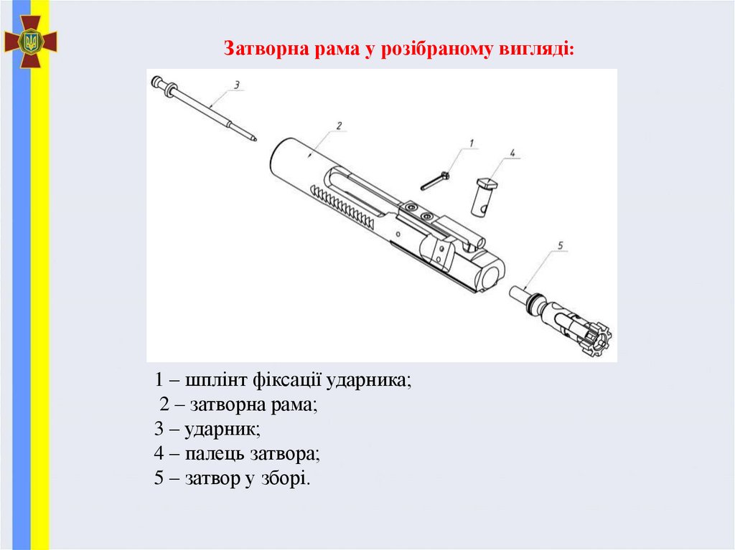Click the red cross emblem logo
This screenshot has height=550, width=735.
(x=30, y=41)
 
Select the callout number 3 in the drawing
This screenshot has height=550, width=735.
(x=237, y=85)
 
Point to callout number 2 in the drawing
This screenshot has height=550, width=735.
(x=339, y=125)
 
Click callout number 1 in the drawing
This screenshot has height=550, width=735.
(x=471, y=143)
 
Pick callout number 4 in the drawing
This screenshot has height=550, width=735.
(x=512, y=153)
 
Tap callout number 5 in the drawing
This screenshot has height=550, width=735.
(x=561, y=245)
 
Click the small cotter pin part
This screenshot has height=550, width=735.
(x=435, y=181)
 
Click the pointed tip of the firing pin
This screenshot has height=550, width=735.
(x=255, y=138)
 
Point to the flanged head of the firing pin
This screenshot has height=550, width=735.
(x=164, y=87)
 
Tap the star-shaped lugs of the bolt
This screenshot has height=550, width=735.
(x=596, y=338)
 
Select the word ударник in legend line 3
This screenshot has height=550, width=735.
(x=220, y=429)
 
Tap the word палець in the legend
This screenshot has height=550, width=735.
(x=215, y=454)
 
